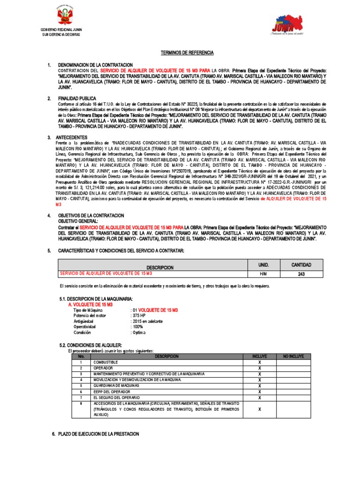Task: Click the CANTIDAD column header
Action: coord(301,265)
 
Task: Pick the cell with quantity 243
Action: coord(301,274)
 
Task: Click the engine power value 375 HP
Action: coord(139,316)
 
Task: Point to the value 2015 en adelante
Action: coord(147,322)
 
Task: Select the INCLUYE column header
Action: coord(259,356)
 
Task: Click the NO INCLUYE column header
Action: coord(293,356)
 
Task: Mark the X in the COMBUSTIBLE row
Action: coord(259,362)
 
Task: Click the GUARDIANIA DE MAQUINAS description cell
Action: coord(116,385)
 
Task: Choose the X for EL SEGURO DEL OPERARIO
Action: coord(259,397)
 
